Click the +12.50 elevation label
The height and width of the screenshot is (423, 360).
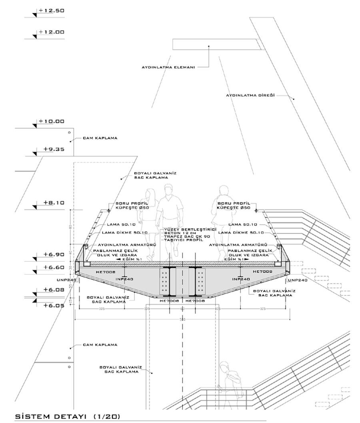pyautogui.click(x=51, y=11)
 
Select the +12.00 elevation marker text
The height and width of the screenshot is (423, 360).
pyautogui.click(x=51, y=32)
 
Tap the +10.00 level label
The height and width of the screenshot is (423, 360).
pyautogui.click(x=51, y=121)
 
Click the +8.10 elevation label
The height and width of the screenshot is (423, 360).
pyautogui.click(x=54, y=202)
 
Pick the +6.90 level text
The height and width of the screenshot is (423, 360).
pyautogui.click(x=54, y=254)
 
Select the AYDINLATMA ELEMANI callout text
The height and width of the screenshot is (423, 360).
pyautogui.click(x=168, y=67)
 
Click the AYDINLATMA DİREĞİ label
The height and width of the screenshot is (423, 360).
pyautogui.click(x=250, y=96)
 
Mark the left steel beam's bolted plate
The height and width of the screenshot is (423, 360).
pyautogui.click(x=164, y=281)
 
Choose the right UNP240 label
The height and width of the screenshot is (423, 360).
pyautogui.click(x=298, y=280)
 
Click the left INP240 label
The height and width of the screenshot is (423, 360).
pyautogui.click(x=124, y=279)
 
